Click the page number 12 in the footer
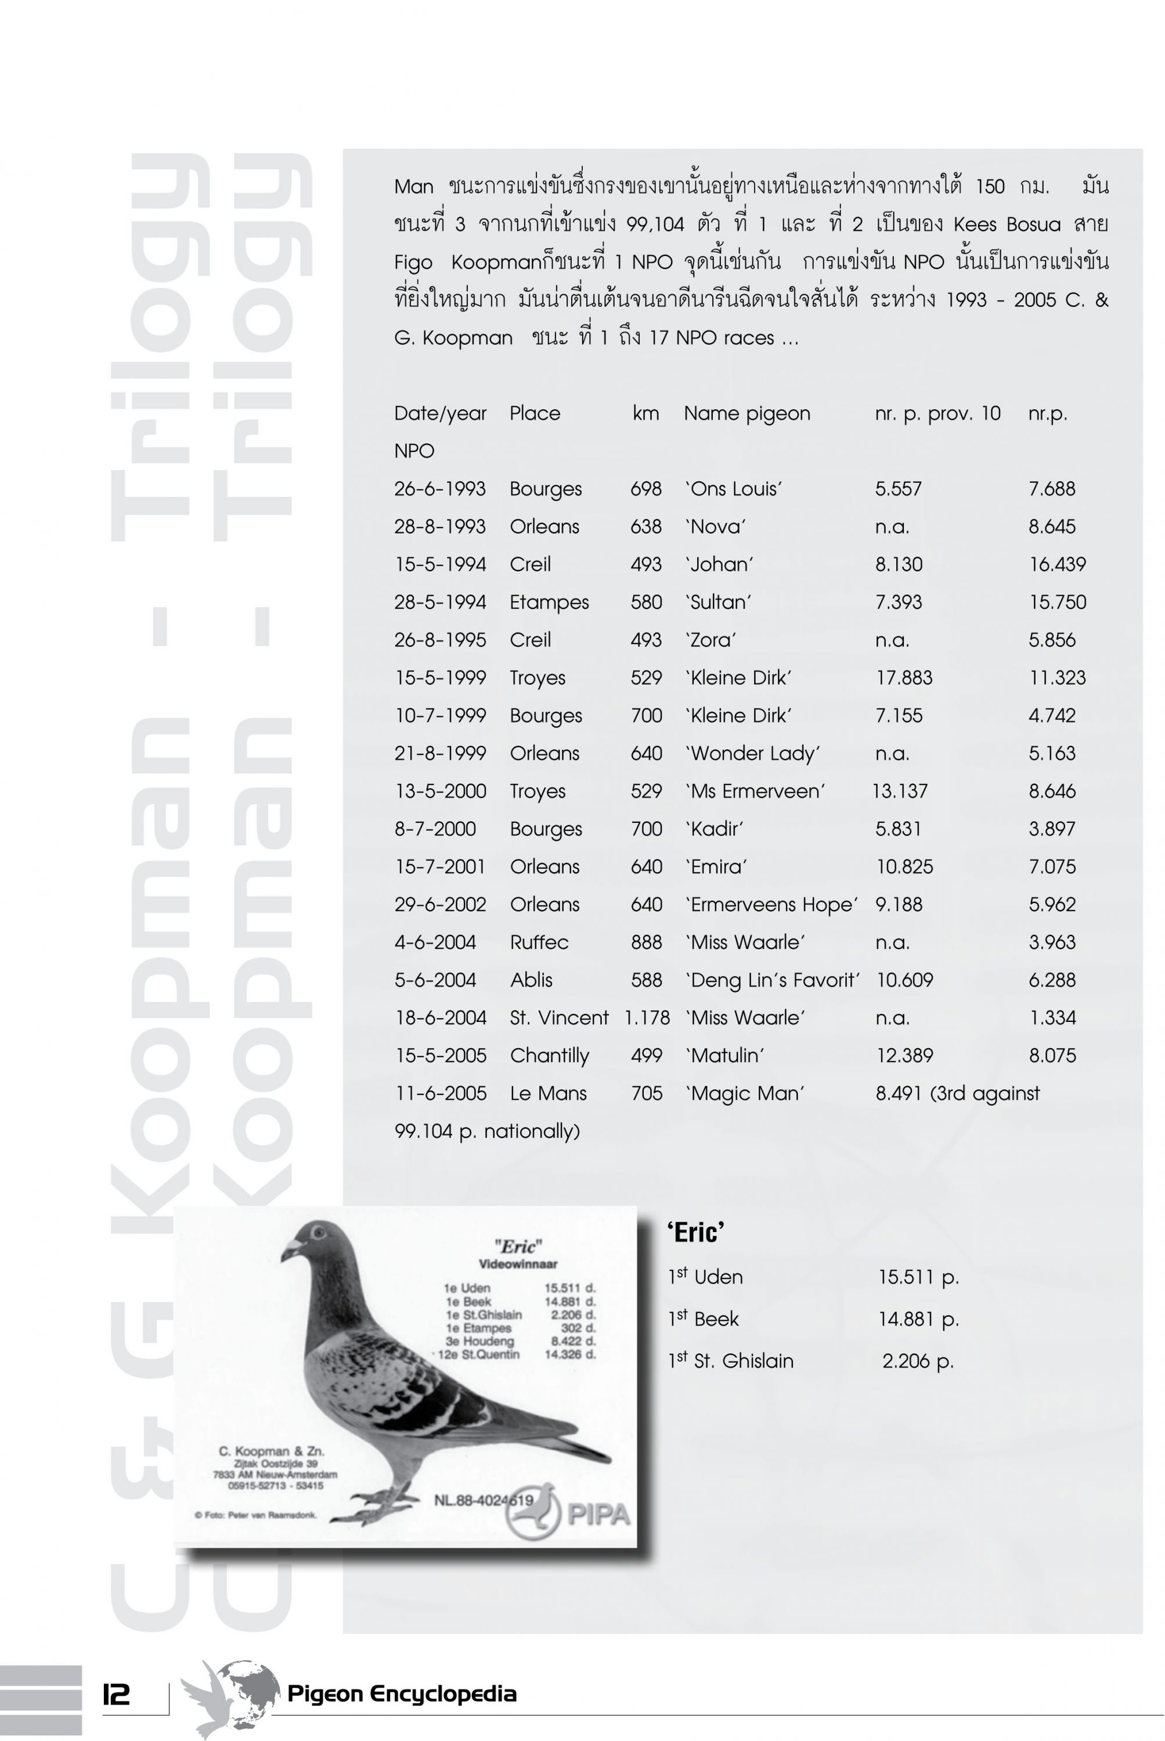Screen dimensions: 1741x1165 [x=116, y=1694]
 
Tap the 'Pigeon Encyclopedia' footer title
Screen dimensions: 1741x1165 [x=401, y=1693]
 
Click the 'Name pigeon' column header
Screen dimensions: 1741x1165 [x=746, y=414]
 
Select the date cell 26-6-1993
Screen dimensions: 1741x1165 [x=440, y=489]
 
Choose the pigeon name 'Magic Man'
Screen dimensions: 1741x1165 [x=745, y=1093]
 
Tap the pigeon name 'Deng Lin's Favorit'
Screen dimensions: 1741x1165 [x=772, y=980]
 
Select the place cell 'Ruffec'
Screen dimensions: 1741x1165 [x=539, y=942]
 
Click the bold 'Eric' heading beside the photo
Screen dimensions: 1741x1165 [x=695, y=1232]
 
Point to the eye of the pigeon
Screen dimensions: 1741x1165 [x=319, y=1234]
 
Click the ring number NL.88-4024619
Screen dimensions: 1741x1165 [x=483, y=1500]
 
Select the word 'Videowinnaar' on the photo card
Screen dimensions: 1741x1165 [x=518, y=1263]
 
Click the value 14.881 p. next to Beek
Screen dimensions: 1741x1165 [x=918, y=1319]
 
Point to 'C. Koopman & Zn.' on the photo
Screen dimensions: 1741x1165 [x=271, y=1451]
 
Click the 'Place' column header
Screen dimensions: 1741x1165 [x=535, y=414]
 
